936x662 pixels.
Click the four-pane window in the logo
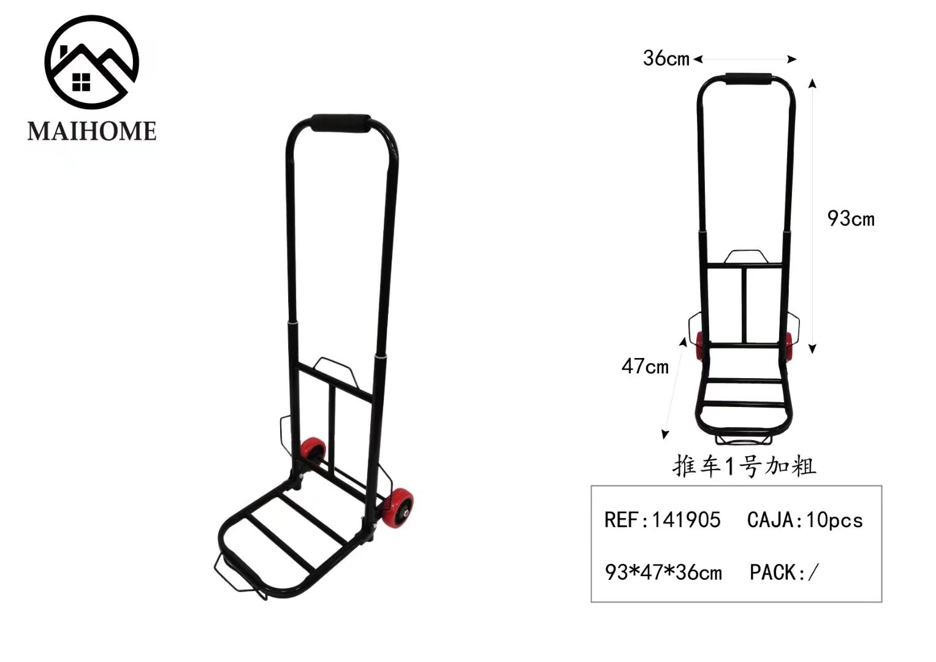click(81, 82)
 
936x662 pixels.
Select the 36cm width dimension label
click(666, 58)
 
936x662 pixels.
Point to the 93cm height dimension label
click(851, 219)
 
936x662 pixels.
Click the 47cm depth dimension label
click(645, 367)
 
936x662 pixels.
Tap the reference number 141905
click(686, 520)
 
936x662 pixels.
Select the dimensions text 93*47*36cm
click(664, 573)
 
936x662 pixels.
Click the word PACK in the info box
click(773, 573)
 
